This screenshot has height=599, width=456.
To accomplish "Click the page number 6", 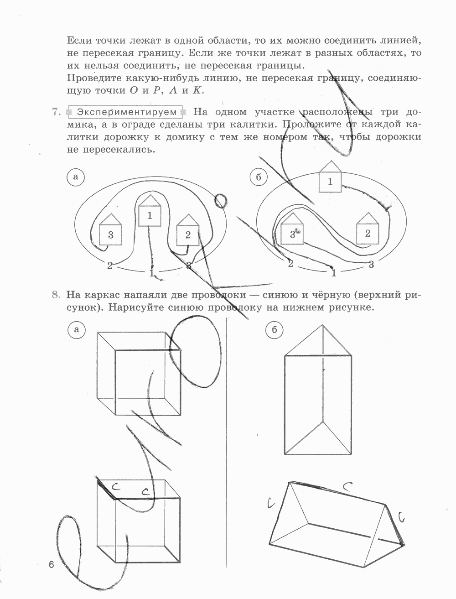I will click(x=51, y=565).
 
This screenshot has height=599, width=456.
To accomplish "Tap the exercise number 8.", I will click(x=56, y=295).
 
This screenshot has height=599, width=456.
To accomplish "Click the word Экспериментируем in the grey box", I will click(x=126, y=112).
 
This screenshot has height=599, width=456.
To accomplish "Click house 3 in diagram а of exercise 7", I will click(x=111, y=231).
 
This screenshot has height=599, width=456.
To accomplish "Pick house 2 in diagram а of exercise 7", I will click(x=187, y=231).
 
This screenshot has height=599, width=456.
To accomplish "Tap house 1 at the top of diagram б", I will click(x=330, y=178).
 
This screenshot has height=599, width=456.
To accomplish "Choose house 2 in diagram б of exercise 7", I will click(x=368, y=229).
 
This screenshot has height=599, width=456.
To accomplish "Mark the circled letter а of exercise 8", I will click(x=76, y=330).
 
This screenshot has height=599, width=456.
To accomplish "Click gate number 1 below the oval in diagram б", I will click(x=334, y=273).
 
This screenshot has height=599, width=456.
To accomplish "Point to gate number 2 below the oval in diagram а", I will click(x=109, y=266).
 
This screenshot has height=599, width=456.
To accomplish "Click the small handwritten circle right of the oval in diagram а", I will click(x=220, y=200).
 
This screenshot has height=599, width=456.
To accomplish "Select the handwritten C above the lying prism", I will click(x=347, y=487).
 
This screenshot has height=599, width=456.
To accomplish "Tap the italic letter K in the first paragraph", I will click(x=197, y=90).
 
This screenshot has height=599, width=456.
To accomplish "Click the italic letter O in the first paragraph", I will click(x=133, y=90).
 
